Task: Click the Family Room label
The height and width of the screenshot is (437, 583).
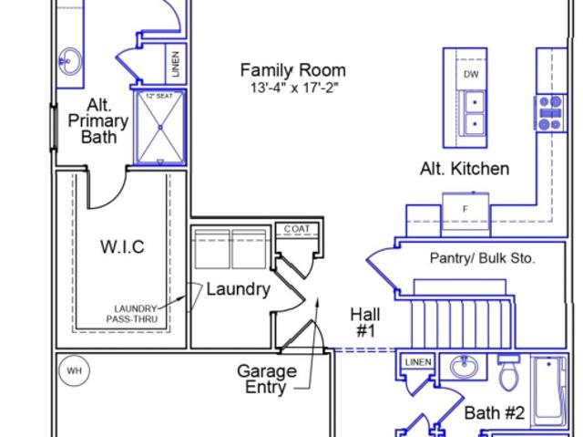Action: [293, 70]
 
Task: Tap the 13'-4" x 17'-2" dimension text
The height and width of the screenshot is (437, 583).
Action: [294, 88]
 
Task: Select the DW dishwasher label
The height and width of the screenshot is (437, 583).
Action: [471, 75]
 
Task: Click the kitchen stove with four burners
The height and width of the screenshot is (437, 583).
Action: [550, 113]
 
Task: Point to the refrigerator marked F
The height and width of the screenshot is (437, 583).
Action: [465, 214]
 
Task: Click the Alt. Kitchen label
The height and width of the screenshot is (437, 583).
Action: [465, 169]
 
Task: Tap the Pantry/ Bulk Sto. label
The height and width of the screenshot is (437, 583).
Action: [482, 258]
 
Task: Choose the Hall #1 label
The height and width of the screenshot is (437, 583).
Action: [365, 322]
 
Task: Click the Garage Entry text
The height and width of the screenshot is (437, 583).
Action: [267, 379]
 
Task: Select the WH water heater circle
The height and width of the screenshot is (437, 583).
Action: [75, 370]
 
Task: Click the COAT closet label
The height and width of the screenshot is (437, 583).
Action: [297, 229]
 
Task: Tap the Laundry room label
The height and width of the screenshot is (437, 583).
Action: [239, 289]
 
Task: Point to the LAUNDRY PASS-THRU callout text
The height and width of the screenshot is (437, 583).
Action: [132, 314]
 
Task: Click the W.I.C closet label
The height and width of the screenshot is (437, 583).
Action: [122, 247]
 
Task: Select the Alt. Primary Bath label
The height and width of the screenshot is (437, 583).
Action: [98, 121]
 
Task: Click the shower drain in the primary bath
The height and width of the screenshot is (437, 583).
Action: [160, 128]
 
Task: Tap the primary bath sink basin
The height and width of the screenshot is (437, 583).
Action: [70, 61]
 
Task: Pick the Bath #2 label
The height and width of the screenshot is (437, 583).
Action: [495, 412]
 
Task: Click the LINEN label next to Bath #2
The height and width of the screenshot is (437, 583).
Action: [418, 362]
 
